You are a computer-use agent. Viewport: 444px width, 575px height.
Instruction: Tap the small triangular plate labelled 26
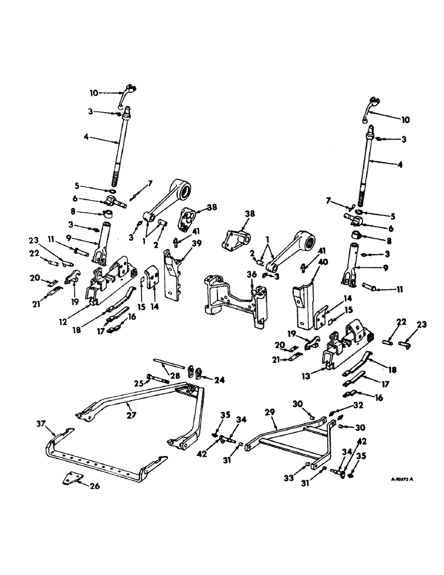point(71,478)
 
